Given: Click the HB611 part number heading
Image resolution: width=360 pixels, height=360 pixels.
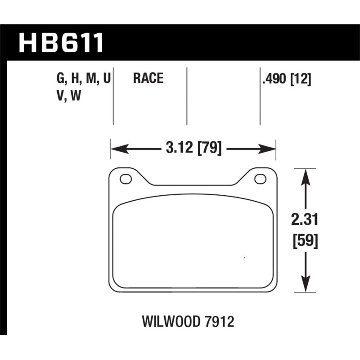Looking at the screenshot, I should click(x=61, y=43).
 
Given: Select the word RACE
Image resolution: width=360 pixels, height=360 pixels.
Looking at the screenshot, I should click(x=148, y=79).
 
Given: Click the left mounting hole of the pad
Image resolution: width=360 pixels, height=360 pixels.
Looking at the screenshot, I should click(x=126, y=179).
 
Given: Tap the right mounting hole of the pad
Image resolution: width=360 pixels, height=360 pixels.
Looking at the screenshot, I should click(x=260, y=179).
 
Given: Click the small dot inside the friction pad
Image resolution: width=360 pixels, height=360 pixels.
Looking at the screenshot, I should click(x=244, y=258).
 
